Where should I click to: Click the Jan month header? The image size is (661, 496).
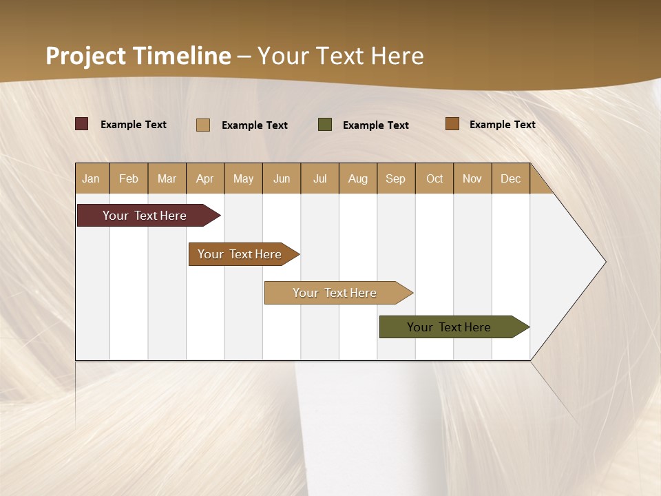[x=92, y=178]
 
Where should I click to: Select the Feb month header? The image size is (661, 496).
[x=129, y=178]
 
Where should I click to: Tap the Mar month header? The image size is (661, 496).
[x=167, y=178]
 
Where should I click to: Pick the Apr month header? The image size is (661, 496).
[x=205, y=178]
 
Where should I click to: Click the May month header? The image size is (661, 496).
[x=243, y=178]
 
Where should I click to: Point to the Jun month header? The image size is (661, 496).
[x=282, y=178]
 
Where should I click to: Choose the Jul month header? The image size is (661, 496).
[x=320, y=178]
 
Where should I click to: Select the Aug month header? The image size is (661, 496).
[x=358, y=178]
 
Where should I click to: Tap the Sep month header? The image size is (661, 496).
[x=396, y=178]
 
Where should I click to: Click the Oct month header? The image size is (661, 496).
[x=434, y=178]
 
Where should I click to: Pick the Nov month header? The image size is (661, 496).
[x=472, y=178]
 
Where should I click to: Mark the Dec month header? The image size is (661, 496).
[x=511, y=178]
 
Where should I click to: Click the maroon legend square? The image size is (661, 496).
[x=82, y=124]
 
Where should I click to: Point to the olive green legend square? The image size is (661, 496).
[x=325, y=124]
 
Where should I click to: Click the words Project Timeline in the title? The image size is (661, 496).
[x=138, y=56]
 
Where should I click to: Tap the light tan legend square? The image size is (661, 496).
[x=203, y=125]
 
